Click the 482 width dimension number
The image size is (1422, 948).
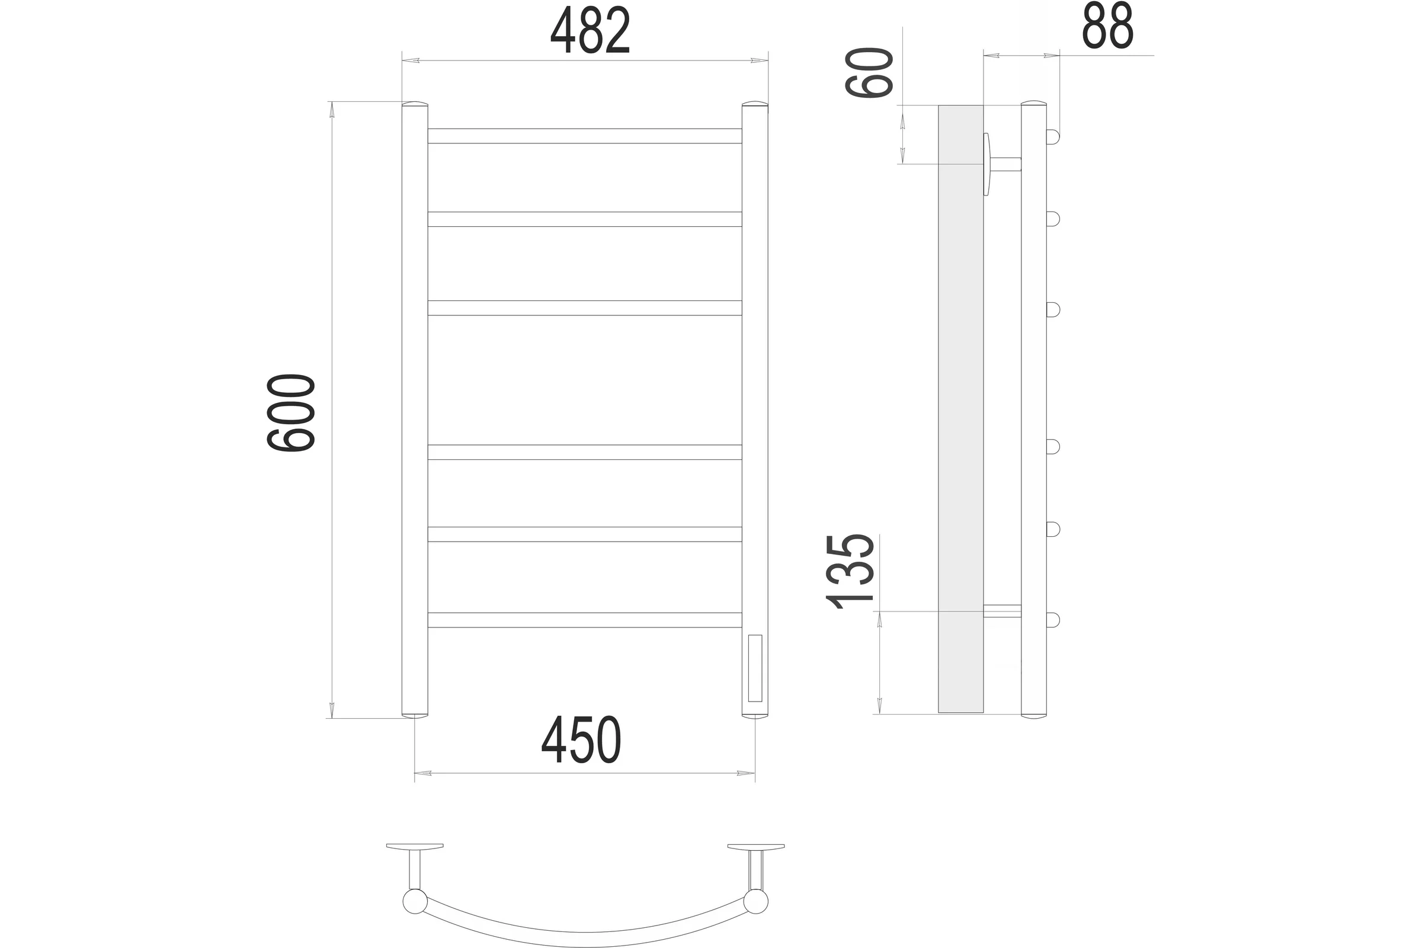coord(590,30)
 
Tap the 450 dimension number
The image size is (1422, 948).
coord(581,741)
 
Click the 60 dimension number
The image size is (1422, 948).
coord(869,73)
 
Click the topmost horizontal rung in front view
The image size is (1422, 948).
coord(585,136)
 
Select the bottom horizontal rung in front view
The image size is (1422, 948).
coord(585,620)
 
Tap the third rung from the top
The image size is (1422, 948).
coord(585,308)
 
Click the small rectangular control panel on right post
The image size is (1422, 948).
coord(754,668)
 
